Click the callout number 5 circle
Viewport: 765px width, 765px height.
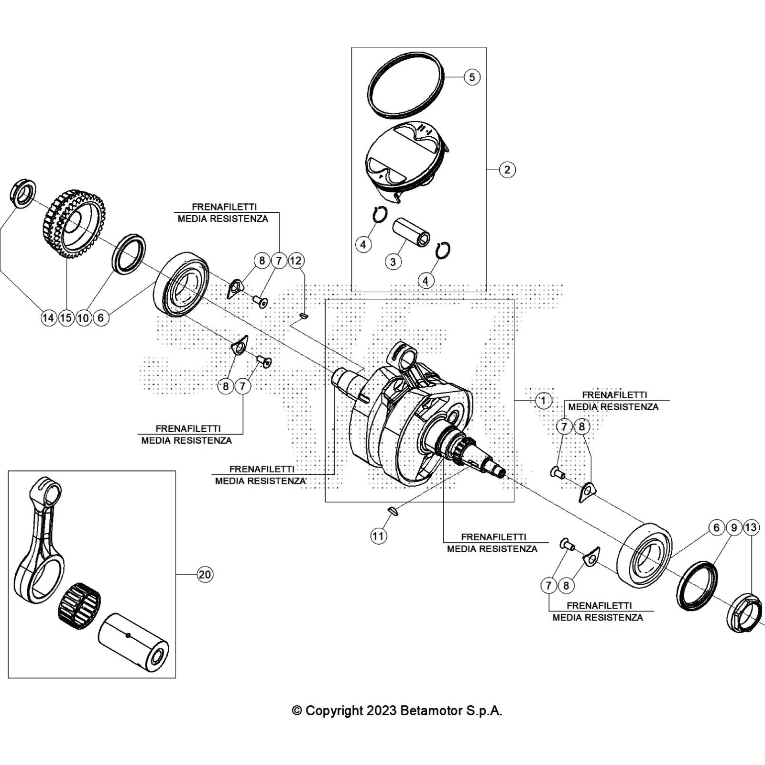(x=472, y=77)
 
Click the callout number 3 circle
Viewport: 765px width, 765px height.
(x=393, y=262)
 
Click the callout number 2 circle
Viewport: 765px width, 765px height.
(x=507, y=169)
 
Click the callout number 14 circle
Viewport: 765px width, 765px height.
(x=49, y=317)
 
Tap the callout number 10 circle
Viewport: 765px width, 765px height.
(x=83, y=317)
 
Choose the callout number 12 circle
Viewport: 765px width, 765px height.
(x=296, y=261)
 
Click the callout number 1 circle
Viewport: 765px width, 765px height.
(x=543, y=400)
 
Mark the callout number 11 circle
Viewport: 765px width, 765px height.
(x=378, y=536)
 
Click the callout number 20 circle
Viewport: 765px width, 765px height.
(x=205, y=574)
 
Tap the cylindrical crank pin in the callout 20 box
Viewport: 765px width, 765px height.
(x=133, y=639)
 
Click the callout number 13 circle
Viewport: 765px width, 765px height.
(x=751, y=527)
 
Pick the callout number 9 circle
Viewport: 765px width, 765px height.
(x=734, y=527)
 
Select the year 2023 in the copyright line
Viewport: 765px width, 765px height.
(x=381, y=710)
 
